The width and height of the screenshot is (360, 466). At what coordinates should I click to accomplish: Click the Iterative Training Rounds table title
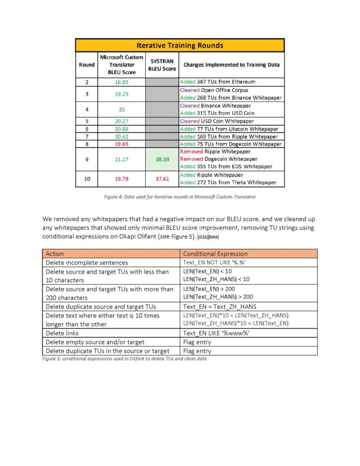(x=180, y=46)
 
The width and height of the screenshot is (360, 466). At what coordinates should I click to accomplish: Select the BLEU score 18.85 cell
(x=122, y=82)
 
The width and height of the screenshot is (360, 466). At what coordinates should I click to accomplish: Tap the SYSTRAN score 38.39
(x=162, y=159)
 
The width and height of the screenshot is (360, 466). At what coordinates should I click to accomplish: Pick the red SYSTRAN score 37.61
(x=162, y=179)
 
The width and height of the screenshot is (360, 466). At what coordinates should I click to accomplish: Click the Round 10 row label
(x=86, y=179)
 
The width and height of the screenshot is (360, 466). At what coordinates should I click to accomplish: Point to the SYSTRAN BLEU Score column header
(x=162, y=65)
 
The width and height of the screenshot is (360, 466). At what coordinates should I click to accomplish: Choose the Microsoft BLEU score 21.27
(x=122, y=159)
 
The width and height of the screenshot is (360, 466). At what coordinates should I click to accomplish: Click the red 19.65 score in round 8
(x=122, y=144)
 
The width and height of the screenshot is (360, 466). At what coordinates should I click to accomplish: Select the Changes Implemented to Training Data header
(x=231, y=65)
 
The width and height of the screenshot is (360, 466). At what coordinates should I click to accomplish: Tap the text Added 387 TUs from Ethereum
(x=218, y=82)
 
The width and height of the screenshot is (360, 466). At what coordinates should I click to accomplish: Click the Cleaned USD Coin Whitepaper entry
(x=217, y=121)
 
